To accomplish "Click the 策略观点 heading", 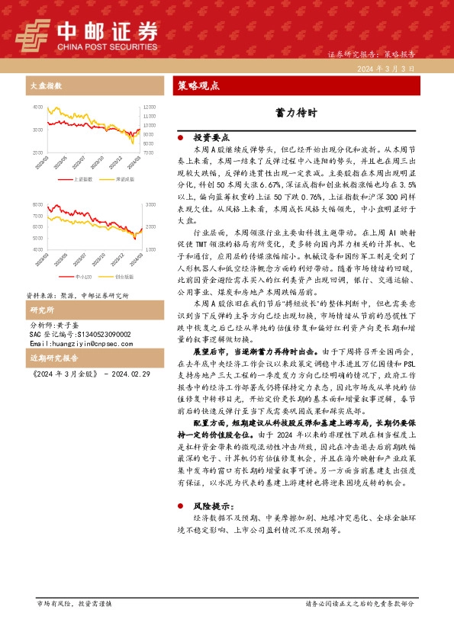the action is click(198, 85).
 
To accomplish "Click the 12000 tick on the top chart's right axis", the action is click(149, 107).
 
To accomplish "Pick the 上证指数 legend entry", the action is click(83, 179).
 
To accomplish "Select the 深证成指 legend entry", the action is click(124, 179).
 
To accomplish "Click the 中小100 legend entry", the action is click(84, 277).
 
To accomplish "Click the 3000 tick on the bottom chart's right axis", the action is click(148, 205).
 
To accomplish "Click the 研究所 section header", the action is click(41, 310).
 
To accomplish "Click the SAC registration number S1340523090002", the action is click(79, 334).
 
